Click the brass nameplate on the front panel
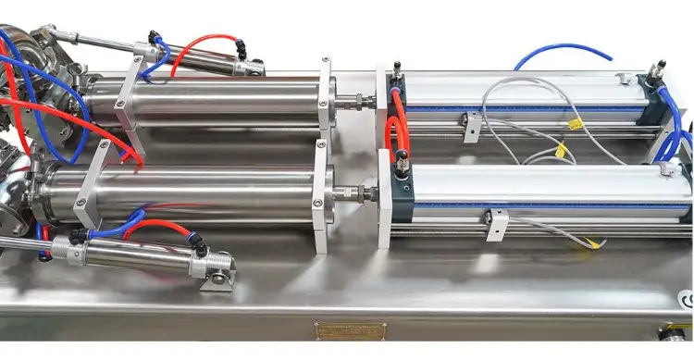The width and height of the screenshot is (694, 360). coord(350,330)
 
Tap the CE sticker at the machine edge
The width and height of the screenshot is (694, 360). coord(686,299)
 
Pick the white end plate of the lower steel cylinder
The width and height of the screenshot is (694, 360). coord(321,196)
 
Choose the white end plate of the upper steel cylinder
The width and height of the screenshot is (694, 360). coord(326,97)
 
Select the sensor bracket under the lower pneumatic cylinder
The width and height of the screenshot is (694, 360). coord(497,222)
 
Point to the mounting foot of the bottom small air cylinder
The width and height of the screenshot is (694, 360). coord(220,273)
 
